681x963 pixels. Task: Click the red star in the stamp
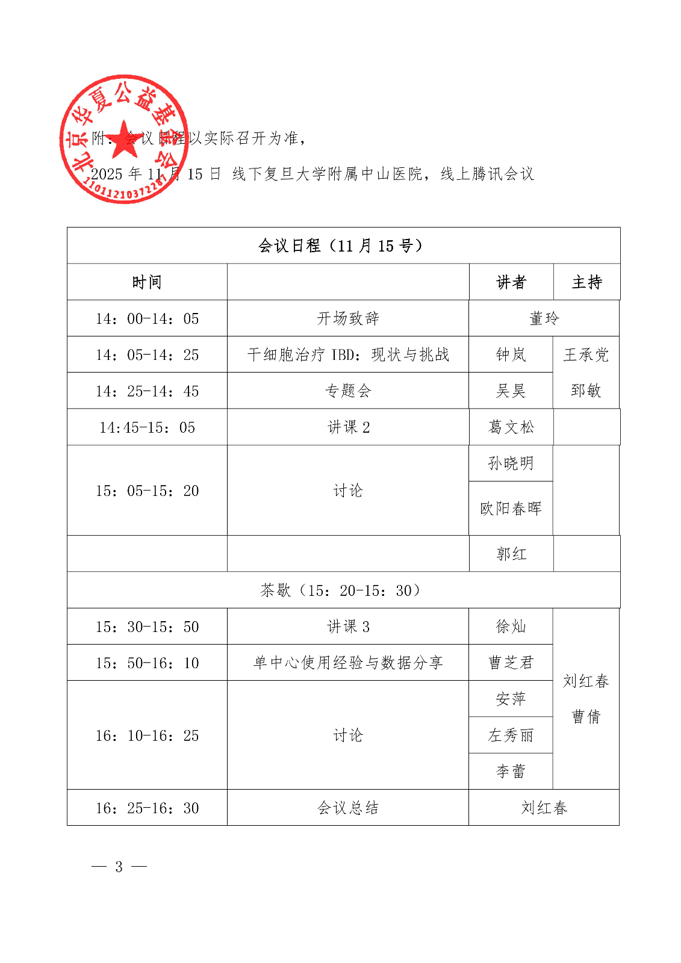124,140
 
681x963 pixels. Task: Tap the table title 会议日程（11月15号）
341,246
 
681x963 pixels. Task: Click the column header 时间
147,282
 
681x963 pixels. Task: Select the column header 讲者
511,282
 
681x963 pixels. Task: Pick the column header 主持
586,282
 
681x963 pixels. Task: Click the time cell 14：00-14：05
147,318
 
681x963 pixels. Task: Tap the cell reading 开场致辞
348,318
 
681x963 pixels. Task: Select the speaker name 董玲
544,318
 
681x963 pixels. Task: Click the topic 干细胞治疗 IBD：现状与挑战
348,355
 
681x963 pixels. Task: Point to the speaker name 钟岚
511,355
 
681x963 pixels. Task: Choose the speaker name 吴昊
511,391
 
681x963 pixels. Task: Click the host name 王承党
586,355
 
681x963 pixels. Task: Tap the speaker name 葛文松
511,427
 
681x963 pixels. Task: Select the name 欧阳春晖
511,509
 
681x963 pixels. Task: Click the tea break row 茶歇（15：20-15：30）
341,590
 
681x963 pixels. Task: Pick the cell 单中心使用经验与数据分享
348,663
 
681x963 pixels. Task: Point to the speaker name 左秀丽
511,735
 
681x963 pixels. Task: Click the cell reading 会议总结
348,808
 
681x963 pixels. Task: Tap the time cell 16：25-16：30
147,808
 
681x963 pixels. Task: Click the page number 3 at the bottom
119,867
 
